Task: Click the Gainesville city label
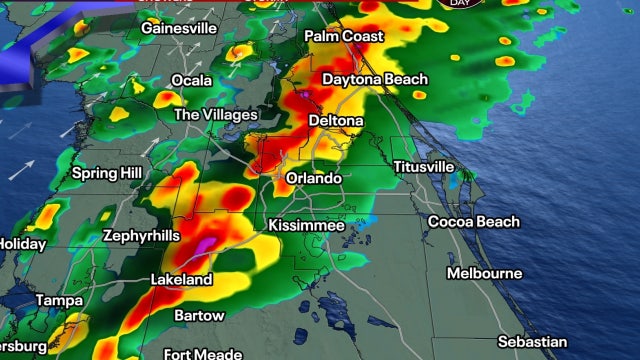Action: click(180, 28)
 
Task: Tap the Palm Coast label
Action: click(343, 36)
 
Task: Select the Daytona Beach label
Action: click(375, 79)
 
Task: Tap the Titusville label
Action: click(424, 166)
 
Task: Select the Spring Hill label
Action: click(105, 173)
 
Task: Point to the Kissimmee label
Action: click(306, 226)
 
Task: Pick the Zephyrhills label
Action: click(141, 236)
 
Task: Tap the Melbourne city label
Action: click(484, 273)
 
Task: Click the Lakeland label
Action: click(181, 280)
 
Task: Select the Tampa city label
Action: click(59, 300)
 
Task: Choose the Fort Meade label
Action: click(203, 353)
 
